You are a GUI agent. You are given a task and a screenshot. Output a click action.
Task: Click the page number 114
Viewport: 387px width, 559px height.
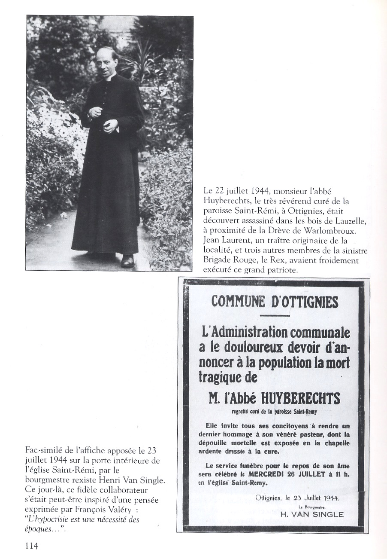click(32, 546)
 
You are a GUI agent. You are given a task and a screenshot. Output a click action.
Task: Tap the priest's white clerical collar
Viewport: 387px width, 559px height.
click(111, 78)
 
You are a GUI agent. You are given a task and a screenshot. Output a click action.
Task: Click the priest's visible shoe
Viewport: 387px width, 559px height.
click(127, 260)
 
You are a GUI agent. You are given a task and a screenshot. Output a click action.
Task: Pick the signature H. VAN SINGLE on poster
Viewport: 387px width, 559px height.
click(311, 514)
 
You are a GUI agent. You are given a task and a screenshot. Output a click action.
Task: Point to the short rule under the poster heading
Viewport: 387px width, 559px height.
click(275, 316)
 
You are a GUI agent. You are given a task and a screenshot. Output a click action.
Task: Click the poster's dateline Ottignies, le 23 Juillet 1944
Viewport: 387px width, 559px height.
click(296, 498)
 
